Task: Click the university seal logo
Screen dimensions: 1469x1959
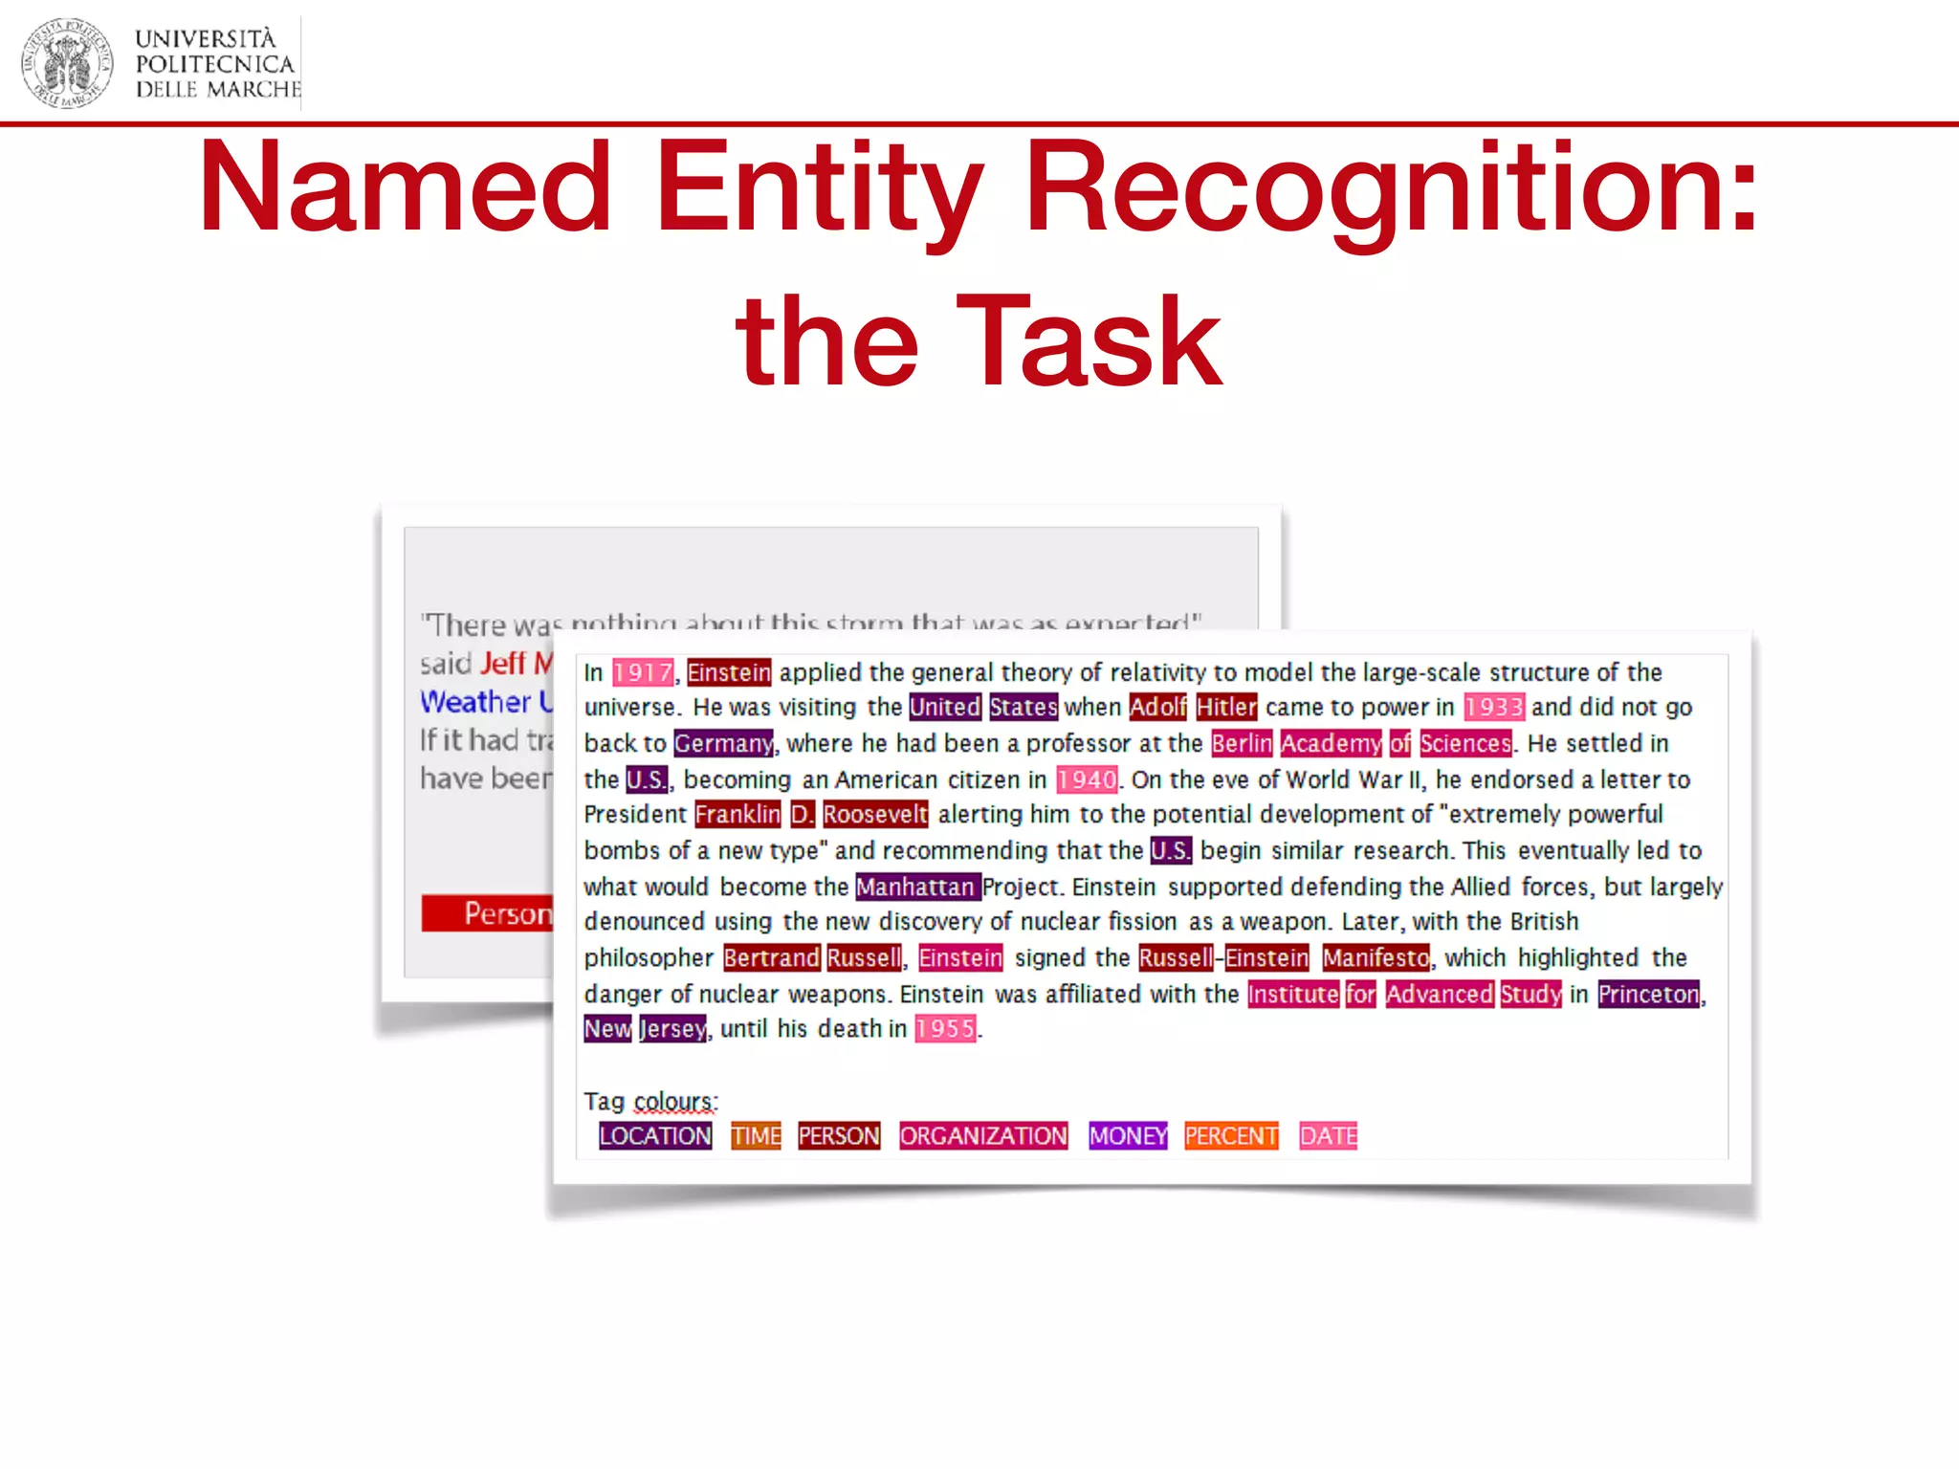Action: click(x=67, y=63)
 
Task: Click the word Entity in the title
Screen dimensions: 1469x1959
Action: click(x=819, y=188)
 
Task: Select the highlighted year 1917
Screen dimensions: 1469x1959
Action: click(x=643, y=673)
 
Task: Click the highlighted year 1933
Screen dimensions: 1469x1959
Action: click(x=1493, y=708)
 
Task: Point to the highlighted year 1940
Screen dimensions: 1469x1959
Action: click(x=1087, y=780)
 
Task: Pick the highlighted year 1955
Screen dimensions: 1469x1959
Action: click(x=945, y=1029)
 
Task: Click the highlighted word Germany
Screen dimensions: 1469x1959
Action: click(x=723, y=744)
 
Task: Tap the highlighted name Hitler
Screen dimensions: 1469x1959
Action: click(x=1226, y=708)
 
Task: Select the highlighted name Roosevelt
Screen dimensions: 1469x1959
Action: click(x=875, y=815)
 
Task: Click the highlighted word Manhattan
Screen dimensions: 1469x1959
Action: click(x=916, y=888)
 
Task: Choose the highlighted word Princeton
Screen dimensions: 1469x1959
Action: click(x=1649, y=995)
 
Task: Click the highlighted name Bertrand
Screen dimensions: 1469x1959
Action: click(x=771, y=958)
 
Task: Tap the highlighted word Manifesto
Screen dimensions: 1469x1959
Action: click(x=1376, y=958)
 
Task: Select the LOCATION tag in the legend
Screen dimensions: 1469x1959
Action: click(x=655, y=1136)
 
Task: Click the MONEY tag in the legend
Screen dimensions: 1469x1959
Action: click(x=1128, y=1136)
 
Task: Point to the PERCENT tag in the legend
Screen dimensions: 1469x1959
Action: click(x=1231, y=1136)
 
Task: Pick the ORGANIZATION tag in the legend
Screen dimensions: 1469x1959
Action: click(x=983, y=1136)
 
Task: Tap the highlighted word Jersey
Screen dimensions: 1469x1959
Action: click(x=673, y=1029)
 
